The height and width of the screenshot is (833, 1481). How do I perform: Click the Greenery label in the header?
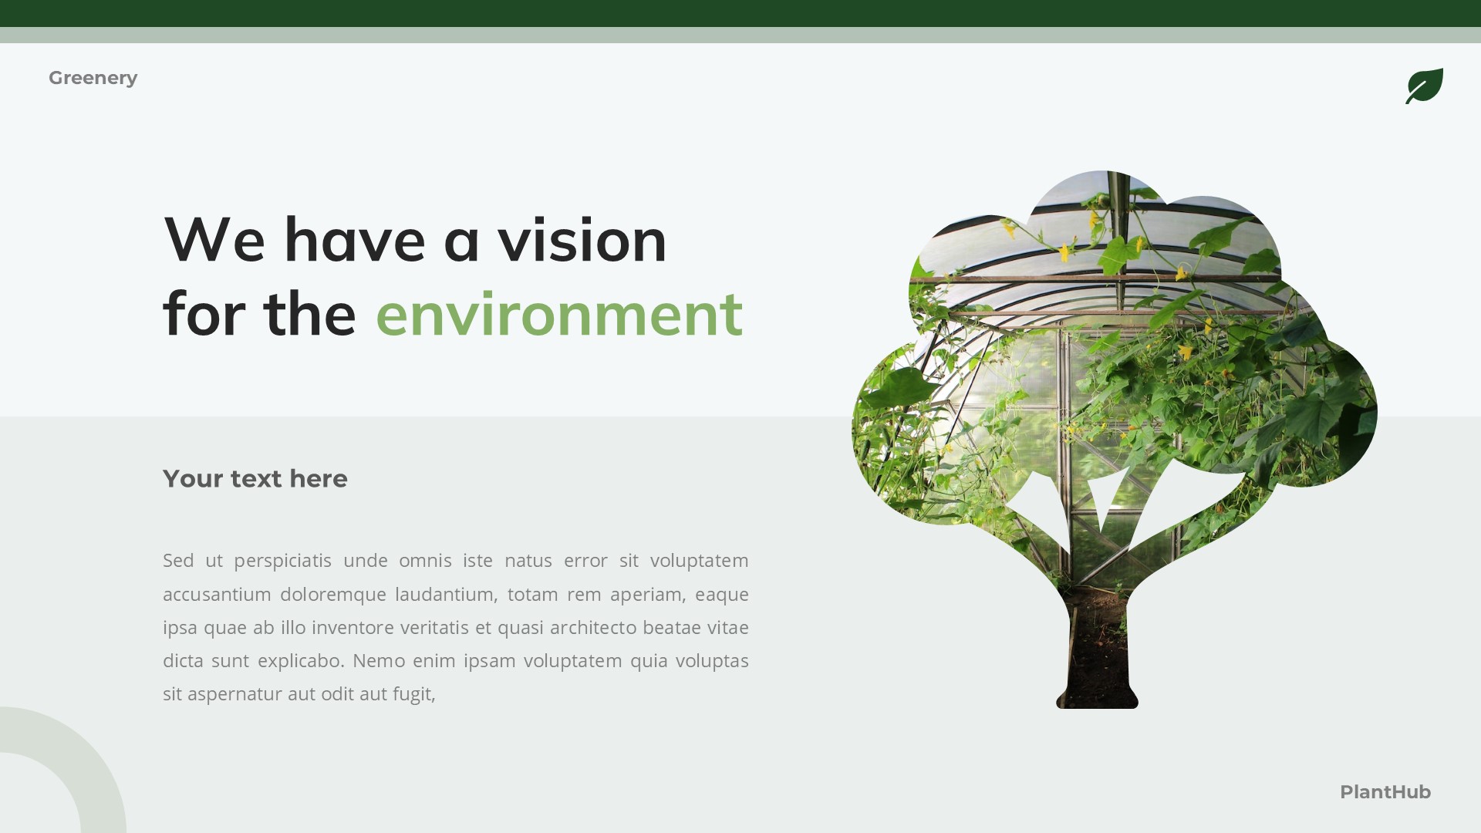[x=93, y=78]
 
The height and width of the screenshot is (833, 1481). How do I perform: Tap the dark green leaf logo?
[x=1424, y=86]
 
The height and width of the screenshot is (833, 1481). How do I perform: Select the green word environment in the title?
[x=558, y=314]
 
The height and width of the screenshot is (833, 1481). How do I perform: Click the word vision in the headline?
[x=582, y=240]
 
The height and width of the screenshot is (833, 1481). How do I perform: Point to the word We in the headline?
[x=214, y=240]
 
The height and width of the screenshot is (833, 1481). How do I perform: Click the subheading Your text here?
[x=255, y=479]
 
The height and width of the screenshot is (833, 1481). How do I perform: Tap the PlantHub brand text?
[x=1385, y=792]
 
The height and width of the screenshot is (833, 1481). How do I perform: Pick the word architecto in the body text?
[x=592, y=628]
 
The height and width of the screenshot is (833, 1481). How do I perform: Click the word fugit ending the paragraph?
[x=413, y=694]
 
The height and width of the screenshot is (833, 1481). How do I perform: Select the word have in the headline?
[x=354, y=240]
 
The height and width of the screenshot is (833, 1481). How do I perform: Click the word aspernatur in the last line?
[x=234, y=694]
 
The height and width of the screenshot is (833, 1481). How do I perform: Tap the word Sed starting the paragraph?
[x=178, y=561]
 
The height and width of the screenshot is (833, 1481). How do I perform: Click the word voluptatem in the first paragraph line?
[x=699, y=561]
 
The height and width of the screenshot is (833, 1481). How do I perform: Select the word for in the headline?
[x=203, y=314]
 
